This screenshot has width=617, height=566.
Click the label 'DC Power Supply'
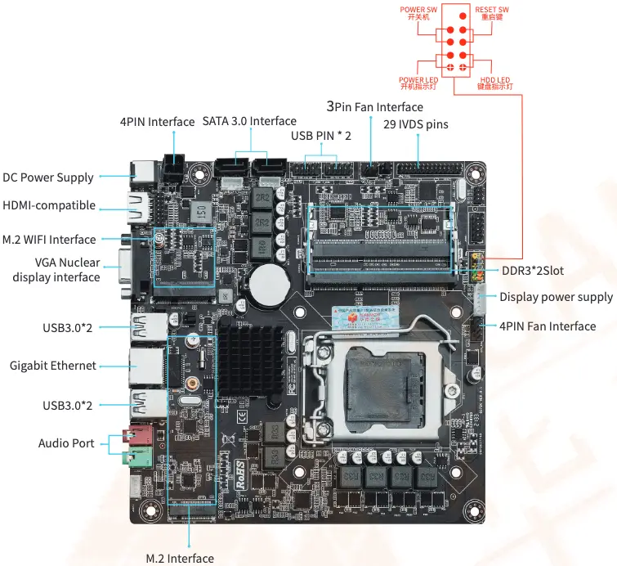47,177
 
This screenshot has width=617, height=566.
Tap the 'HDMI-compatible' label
49,205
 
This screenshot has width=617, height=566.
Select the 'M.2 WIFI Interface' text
49,240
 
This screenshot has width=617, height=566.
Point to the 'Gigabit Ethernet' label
52,366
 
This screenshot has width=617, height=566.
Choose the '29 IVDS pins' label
415,124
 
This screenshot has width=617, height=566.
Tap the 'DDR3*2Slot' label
532,270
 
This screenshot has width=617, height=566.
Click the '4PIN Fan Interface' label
548,326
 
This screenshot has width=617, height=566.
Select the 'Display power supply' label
556,297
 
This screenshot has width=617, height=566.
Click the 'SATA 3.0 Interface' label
249,121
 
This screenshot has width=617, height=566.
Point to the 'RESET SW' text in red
491,10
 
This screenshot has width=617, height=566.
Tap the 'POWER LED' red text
418,79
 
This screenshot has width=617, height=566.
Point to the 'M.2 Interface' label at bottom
180,558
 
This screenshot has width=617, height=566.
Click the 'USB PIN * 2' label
320,135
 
